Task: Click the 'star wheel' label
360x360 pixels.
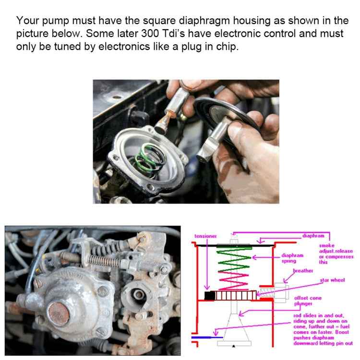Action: pos(332,279)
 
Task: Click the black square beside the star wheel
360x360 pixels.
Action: pos(209,295)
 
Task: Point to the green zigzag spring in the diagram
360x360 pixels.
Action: pos(232,260)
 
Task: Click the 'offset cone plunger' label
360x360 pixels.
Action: pos(307,300)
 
